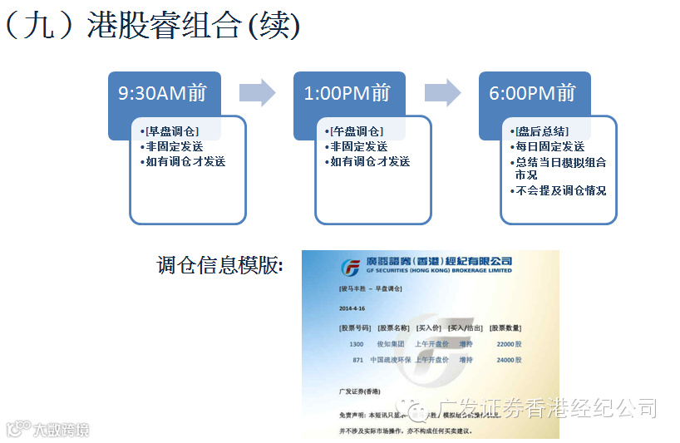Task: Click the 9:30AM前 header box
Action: [x=163, y=94]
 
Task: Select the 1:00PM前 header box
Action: [x=347, y=94]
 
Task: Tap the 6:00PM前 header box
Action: [x=533, y=94]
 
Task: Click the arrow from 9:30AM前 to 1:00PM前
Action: [x=257, y=93]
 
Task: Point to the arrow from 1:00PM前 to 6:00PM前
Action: [x=442, y=93]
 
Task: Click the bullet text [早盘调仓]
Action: [x=171, y=131]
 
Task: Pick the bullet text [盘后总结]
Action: [x=541, y=131]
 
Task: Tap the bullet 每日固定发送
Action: [x=549, y=146]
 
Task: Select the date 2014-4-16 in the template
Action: [x=352, y=308]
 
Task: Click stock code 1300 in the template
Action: [x=356, y=343]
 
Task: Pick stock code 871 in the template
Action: [x=358, y=360]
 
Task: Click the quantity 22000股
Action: [x=509, y=343]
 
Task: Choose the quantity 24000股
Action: [x=509, y=360]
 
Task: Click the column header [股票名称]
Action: [x=393, y=327]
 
